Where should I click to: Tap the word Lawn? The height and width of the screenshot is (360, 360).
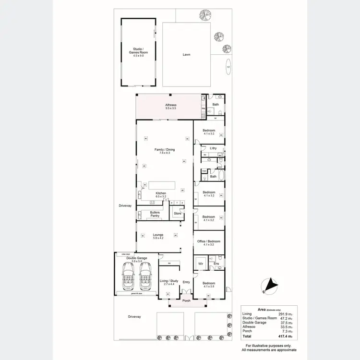click(x=186, y=55)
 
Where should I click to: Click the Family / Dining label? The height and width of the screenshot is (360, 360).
click(x=165, y=150)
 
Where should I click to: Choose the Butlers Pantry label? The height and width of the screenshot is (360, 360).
click(x=155, y=214)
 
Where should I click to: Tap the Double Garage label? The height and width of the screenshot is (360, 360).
click(x=137, y=258)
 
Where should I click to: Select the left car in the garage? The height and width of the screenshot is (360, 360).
click(x=129, y=279)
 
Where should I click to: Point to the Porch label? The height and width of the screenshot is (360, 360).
click(x=187, y=301)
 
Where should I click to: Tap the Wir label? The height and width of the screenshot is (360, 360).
click(x=201, y=264)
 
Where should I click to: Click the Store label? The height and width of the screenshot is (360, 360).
click(x=177, y=213)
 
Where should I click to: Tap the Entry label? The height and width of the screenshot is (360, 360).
click(x=186, y=282)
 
